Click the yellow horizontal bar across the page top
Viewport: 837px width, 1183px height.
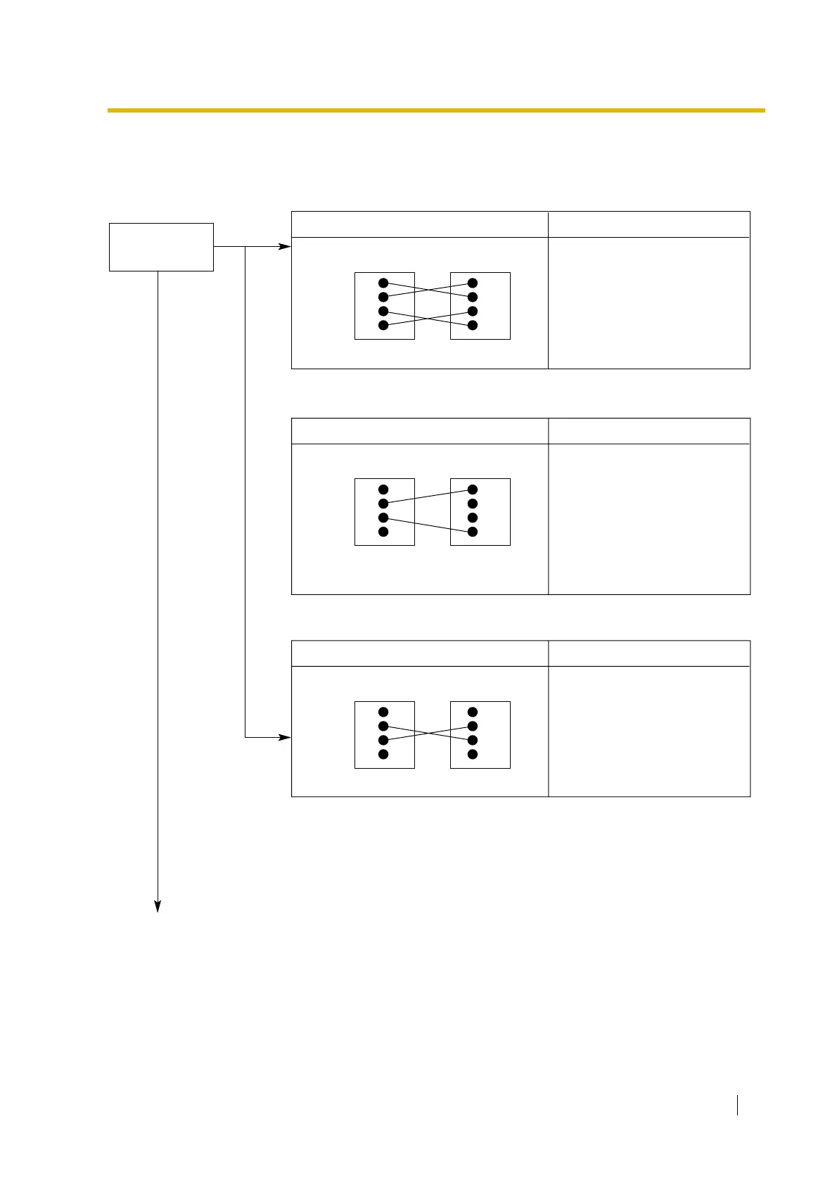[436, 110]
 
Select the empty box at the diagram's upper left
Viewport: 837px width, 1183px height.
[161, 247]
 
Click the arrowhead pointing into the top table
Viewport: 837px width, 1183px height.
[285, 247]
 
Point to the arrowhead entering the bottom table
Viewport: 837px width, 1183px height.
[285, 737]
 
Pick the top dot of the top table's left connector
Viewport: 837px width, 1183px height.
[383, 283]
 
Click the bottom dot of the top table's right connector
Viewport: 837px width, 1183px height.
[473, 325]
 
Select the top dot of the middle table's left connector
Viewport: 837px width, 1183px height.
[383, 490]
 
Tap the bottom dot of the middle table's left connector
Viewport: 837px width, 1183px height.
[383, 532]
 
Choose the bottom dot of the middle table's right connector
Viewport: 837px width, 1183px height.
[473, 532]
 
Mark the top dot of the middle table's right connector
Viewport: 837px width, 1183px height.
[473, 490]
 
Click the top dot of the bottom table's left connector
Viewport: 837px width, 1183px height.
[383, 712]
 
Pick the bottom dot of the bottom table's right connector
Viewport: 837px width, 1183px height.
[473, 754]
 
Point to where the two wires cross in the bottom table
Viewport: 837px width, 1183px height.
[428, 733]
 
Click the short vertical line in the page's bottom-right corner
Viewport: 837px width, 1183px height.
[737, 1105]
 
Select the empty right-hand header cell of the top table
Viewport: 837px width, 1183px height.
[648, 224]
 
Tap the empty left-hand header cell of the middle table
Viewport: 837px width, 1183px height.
[420, 430]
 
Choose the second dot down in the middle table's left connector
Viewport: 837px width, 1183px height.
[383, 504]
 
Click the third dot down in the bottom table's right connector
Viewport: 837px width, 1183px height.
[473, 740]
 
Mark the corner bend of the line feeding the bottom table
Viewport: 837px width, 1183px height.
[245, 737]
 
